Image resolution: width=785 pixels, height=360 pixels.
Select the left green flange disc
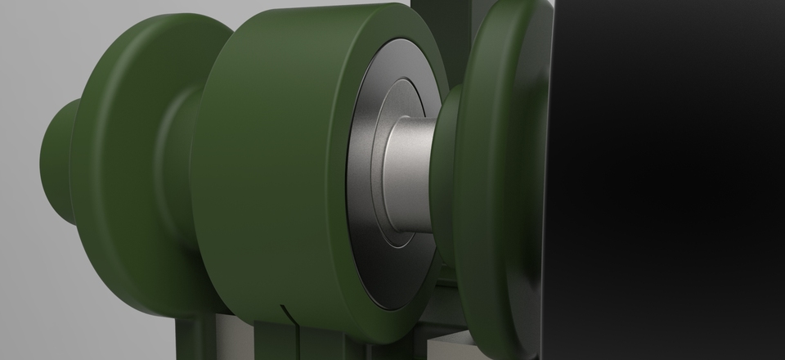[x=123, y=164]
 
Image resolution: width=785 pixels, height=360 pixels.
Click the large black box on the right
[x=671, y=180]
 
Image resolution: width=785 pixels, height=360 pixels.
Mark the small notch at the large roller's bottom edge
[x=282, y=310]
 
